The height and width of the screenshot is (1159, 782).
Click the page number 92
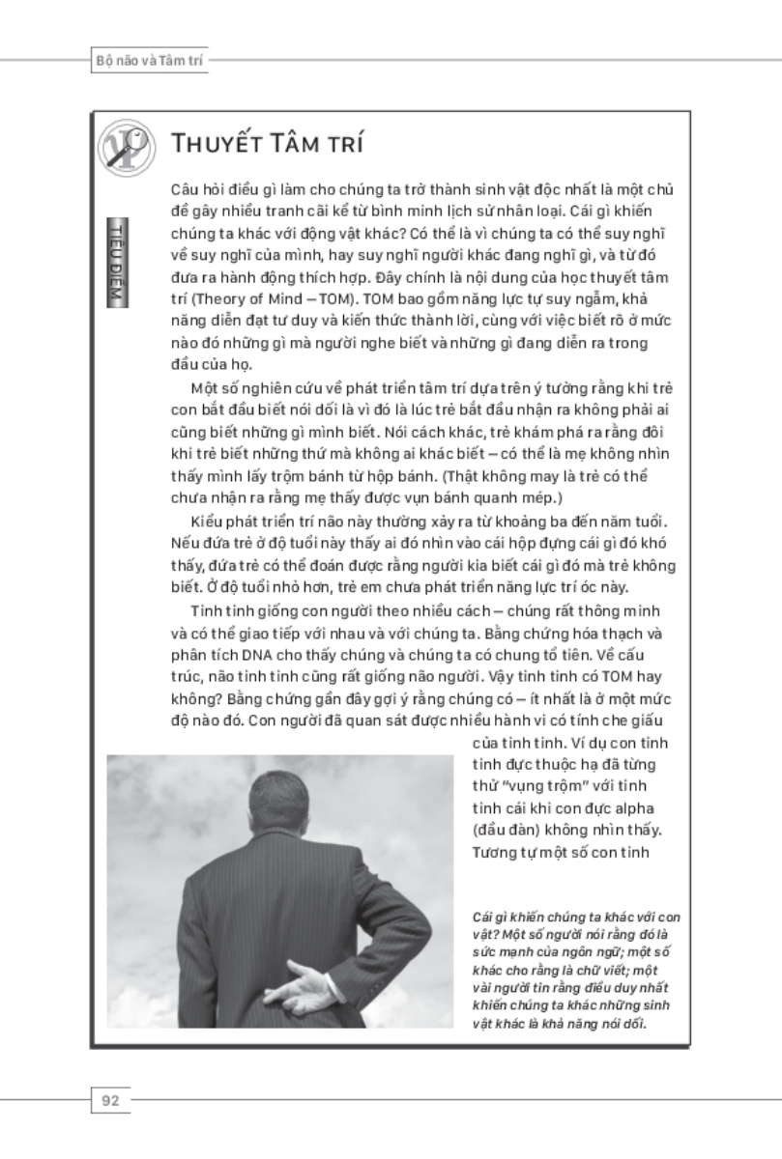(110, 1099)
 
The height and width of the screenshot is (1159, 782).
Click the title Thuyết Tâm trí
(267, 145)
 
